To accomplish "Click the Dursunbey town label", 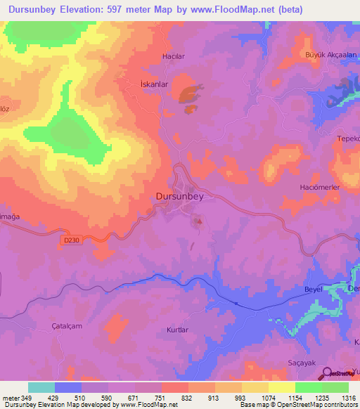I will pos(179,197).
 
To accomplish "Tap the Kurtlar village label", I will pos(177,330).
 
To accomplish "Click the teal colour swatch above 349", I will pos(41,387).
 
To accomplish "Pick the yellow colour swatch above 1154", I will pos(281,387).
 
